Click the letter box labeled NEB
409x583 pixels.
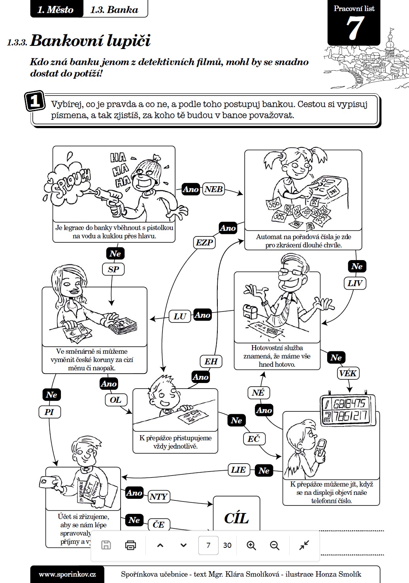pos(213,189)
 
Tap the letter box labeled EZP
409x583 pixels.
pos(204,242)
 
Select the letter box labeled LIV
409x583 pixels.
pos(354,283)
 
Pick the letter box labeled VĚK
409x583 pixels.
pos(348,373)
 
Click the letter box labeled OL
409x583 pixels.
pos(115,400)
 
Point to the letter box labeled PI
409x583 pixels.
pos(49,412)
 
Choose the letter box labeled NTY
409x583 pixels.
pos(158,497)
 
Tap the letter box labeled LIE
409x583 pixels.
pos(238,470)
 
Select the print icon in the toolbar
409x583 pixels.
pos(130,545)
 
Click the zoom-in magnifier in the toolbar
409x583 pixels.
pos(251,545)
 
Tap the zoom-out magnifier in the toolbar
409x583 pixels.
pos(275,545)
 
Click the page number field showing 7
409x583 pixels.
pos(208,545)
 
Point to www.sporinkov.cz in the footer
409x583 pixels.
pos(67,574)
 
